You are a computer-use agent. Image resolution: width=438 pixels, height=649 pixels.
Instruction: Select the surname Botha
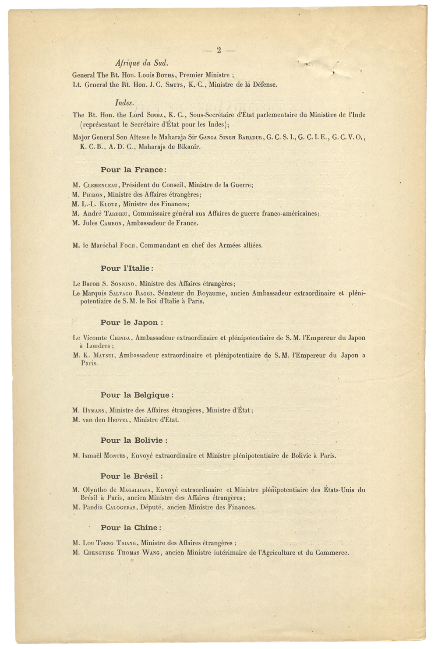coord(165,75)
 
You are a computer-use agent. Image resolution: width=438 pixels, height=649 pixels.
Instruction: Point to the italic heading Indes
coord(124,102)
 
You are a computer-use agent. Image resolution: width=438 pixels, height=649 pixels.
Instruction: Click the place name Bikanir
coord(190,147)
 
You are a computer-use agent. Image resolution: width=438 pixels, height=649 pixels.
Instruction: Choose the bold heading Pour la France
coord(133,169)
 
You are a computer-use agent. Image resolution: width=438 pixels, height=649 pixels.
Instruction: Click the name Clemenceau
coord(100,185)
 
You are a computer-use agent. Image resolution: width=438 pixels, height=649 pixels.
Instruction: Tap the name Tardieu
coord(117,214)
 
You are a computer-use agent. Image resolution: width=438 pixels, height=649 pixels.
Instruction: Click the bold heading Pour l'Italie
coord(127,268)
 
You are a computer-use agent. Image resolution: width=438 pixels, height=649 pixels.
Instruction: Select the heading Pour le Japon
coord(131,322)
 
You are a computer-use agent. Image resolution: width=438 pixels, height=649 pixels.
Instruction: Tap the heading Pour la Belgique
coord(137,395)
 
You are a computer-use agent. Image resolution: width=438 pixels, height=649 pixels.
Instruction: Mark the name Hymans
coord(94,410)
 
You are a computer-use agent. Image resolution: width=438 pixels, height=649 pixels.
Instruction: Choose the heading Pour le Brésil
coord(132,476)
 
